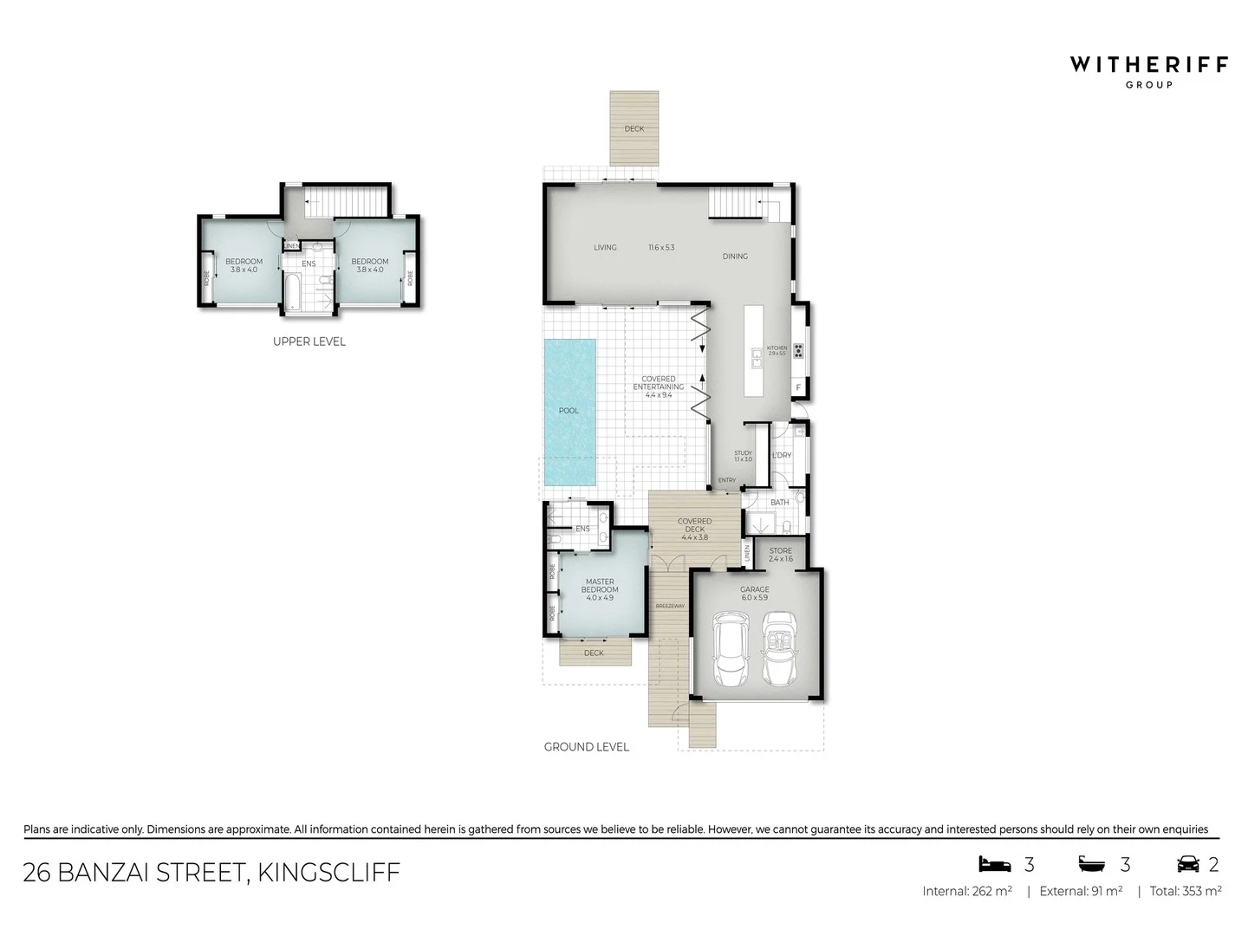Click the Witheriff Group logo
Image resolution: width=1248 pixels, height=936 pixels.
[x=1148, y=70]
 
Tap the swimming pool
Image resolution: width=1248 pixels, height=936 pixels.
[x=569, y=411]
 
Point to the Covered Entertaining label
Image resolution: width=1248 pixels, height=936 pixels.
[x=659, y=387]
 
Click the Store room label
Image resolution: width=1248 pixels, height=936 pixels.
[x=780, y=555]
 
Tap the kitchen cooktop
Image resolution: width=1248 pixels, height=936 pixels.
[x=798, y=351]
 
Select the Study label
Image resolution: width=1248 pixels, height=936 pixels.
[x=743, y=456]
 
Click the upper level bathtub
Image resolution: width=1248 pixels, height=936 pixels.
[x=293, y=291]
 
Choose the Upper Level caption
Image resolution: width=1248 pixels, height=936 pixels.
[x=309, y=341]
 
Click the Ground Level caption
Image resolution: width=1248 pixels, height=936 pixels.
[x=586, y=746]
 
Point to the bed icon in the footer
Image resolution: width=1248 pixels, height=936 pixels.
[x=994, y=864]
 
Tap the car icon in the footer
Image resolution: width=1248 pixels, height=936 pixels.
[x=1187, y=864]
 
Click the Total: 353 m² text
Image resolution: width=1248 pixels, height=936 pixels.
[x=1185, y=891]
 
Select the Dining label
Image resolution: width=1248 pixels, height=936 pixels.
[x=735, y=257]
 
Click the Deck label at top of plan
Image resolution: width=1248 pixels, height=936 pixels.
[x=634, y=129]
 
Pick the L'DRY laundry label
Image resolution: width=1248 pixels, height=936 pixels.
[x=781, y=455]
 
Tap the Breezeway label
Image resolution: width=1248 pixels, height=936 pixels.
[x=670, y=606]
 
